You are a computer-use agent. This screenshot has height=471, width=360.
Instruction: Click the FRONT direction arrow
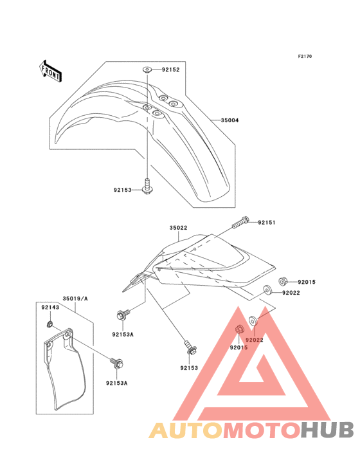click(50, 71)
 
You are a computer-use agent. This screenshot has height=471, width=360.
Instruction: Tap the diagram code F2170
click(305, 56)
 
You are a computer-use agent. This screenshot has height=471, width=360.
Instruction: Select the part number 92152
click(171, 69)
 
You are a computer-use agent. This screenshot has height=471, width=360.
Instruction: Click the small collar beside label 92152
click(147, 69)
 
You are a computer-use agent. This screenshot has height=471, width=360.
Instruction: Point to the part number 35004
click(230, 120)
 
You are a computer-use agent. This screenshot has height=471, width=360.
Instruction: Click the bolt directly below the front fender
click(147, 187)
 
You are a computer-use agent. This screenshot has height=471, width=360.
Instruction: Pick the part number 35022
click(178, 228)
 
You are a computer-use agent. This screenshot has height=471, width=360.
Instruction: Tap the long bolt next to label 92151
click(240, 222)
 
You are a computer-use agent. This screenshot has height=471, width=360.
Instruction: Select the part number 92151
click(267, 223)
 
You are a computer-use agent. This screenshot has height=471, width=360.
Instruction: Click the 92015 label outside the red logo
click(307, 282)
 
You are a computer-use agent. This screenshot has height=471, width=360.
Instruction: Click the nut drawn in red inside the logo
click(239, 329)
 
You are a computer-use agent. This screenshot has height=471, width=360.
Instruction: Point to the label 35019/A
click(75, 299)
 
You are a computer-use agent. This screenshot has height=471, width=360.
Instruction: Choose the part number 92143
click(50, 308)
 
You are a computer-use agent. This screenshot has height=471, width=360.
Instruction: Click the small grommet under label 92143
click(50, 324)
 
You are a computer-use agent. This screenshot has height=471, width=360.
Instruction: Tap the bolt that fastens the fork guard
click(117, 363)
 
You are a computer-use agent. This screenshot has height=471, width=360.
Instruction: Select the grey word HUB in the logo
click(327, 430)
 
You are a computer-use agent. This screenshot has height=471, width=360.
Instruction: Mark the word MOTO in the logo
click(262, 430)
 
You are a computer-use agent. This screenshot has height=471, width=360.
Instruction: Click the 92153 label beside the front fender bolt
click(122, 190)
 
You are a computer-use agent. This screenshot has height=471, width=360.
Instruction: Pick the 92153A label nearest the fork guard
click(117, 383)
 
